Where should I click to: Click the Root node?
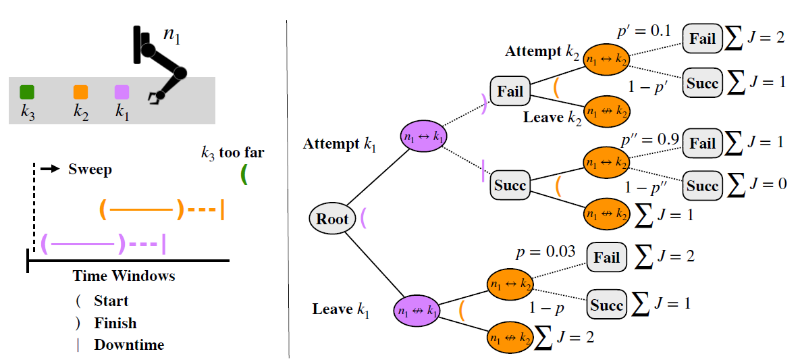pos(333,218)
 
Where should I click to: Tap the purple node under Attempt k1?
pos(423,136)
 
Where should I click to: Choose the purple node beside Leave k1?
pos(417,311)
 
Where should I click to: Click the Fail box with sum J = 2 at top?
pos(702,38)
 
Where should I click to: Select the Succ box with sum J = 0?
pos(702,184)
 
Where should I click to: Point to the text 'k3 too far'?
pos(232,153)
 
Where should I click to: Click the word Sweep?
pos(90,169)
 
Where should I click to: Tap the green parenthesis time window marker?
pos(244,175)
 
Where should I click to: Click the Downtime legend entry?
pos(128,344)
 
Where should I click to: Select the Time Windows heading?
pos(124,276)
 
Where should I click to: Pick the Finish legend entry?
pos(115,323)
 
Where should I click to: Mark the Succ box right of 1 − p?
pos(606,305)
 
